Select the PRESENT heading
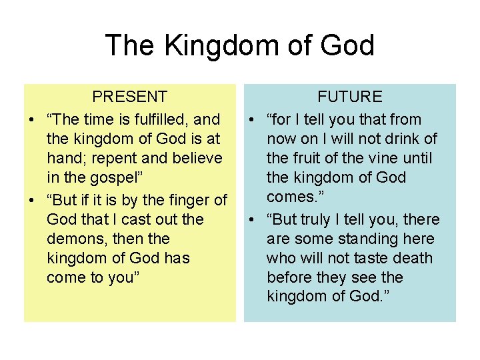[x=129, y=97]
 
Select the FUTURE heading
[x=349, y=97]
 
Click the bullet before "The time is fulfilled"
[x=31, y=120]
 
